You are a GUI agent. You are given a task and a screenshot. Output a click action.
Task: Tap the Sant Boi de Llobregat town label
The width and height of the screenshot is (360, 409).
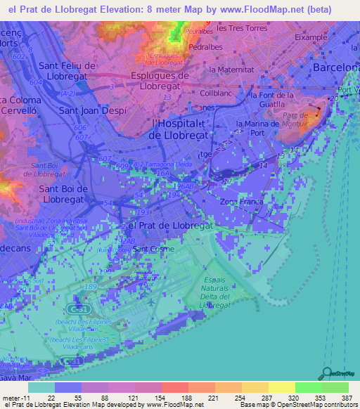pos(62,194)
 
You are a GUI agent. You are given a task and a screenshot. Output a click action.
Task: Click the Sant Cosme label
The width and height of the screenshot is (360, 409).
pos(154,249)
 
